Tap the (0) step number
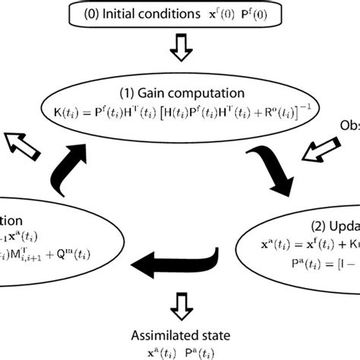tap(87, 14)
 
